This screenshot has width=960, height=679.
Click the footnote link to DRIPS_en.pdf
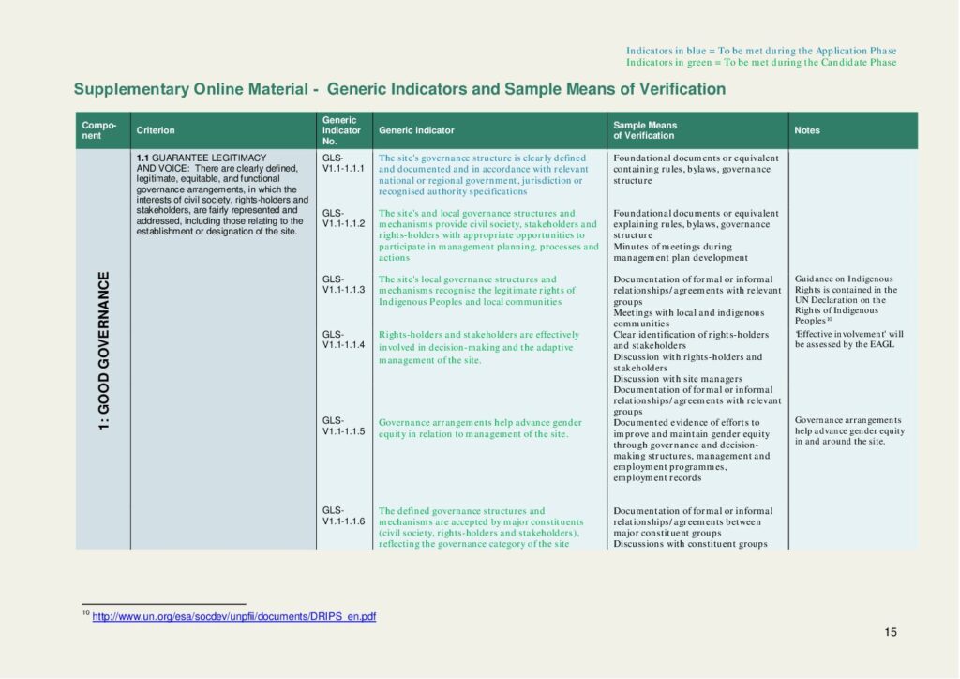[x=234, y=616]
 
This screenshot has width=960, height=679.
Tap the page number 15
[x=891, y=632]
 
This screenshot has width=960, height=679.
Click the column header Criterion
[x=156, y=130]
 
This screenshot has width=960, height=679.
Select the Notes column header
[x=807, y=130]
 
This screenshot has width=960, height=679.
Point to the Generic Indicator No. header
[x=340, y=130]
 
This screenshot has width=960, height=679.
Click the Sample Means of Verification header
[x=645, y=130]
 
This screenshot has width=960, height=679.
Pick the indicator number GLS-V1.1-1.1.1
[x=343, y=163]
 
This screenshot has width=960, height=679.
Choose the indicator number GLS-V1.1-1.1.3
[x=343, y=284]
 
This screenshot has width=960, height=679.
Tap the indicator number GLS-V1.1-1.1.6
[x=343, y=516]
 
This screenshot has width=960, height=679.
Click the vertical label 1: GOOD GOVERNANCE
[x=104, y=349]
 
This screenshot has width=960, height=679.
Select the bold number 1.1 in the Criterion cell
[x=143, y=158]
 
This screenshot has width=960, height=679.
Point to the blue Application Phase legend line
[x=761, y=51]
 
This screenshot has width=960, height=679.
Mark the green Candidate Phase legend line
[x=761, y=63]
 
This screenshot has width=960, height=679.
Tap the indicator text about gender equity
[x=480, y=429]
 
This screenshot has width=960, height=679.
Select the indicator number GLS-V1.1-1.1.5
[x=343, y=426]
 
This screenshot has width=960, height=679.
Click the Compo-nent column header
[x=99, y=130]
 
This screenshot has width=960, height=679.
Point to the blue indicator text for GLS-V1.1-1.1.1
[x=483, y=174]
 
